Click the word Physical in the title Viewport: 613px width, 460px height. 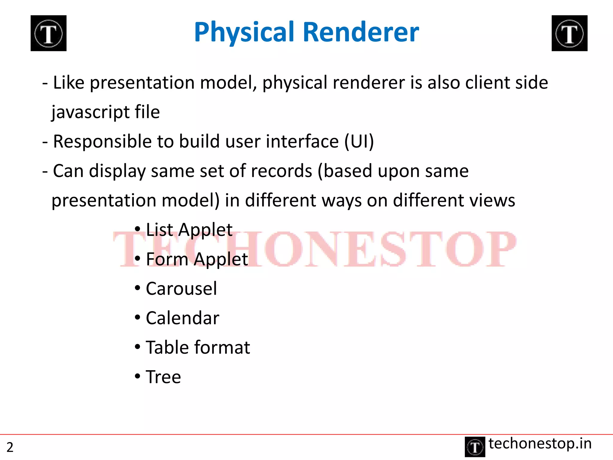[x=244, y=32]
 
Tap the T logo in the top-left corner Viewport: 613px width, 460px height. [x=48, y=33]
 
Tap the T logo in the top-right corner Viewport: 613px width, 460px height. [x=569, y=33]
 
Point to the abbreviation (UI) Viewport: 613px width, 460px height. [x=359, y=141]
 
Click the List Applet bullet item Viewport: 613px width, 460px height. [x=189, y=230]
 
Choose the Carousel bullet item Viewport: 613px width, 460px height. [x=181, y=289]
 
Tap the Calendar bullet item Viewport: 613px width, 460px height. [x=182, y=318]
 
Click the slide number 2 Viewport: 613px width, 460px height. [x=10, y=447]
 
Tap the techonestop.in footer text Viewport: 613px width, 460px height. [x=540, y=444]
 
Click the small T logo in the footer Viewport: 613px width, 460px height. [x=475, y=447]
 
